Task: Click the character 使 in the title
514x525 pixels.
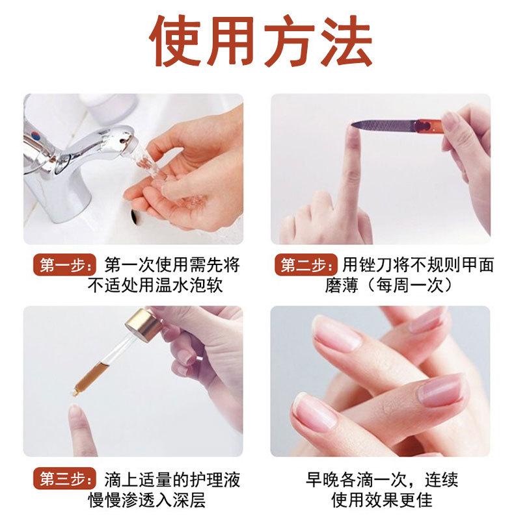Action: pos(176,40)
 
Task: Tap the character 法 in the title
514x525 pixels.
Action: pos(346,40)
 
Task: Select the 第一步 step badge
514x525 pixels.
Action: pos(65,266)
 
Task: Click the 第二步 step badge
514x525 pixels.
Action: pos(306,265)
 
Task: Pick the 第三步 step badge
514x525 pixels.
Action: pos(65,478)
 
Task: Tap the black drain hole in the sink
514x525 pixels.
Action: pos(135,216)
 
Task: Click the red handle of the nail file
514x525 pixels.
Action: pos(428,126)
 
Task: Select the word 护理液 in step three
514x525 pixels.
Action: pos(215,480)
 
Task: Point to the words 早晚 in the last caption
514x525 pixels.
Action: pos(323,480)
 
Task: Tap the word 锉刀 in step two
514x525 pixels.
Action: pos(376,265)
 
